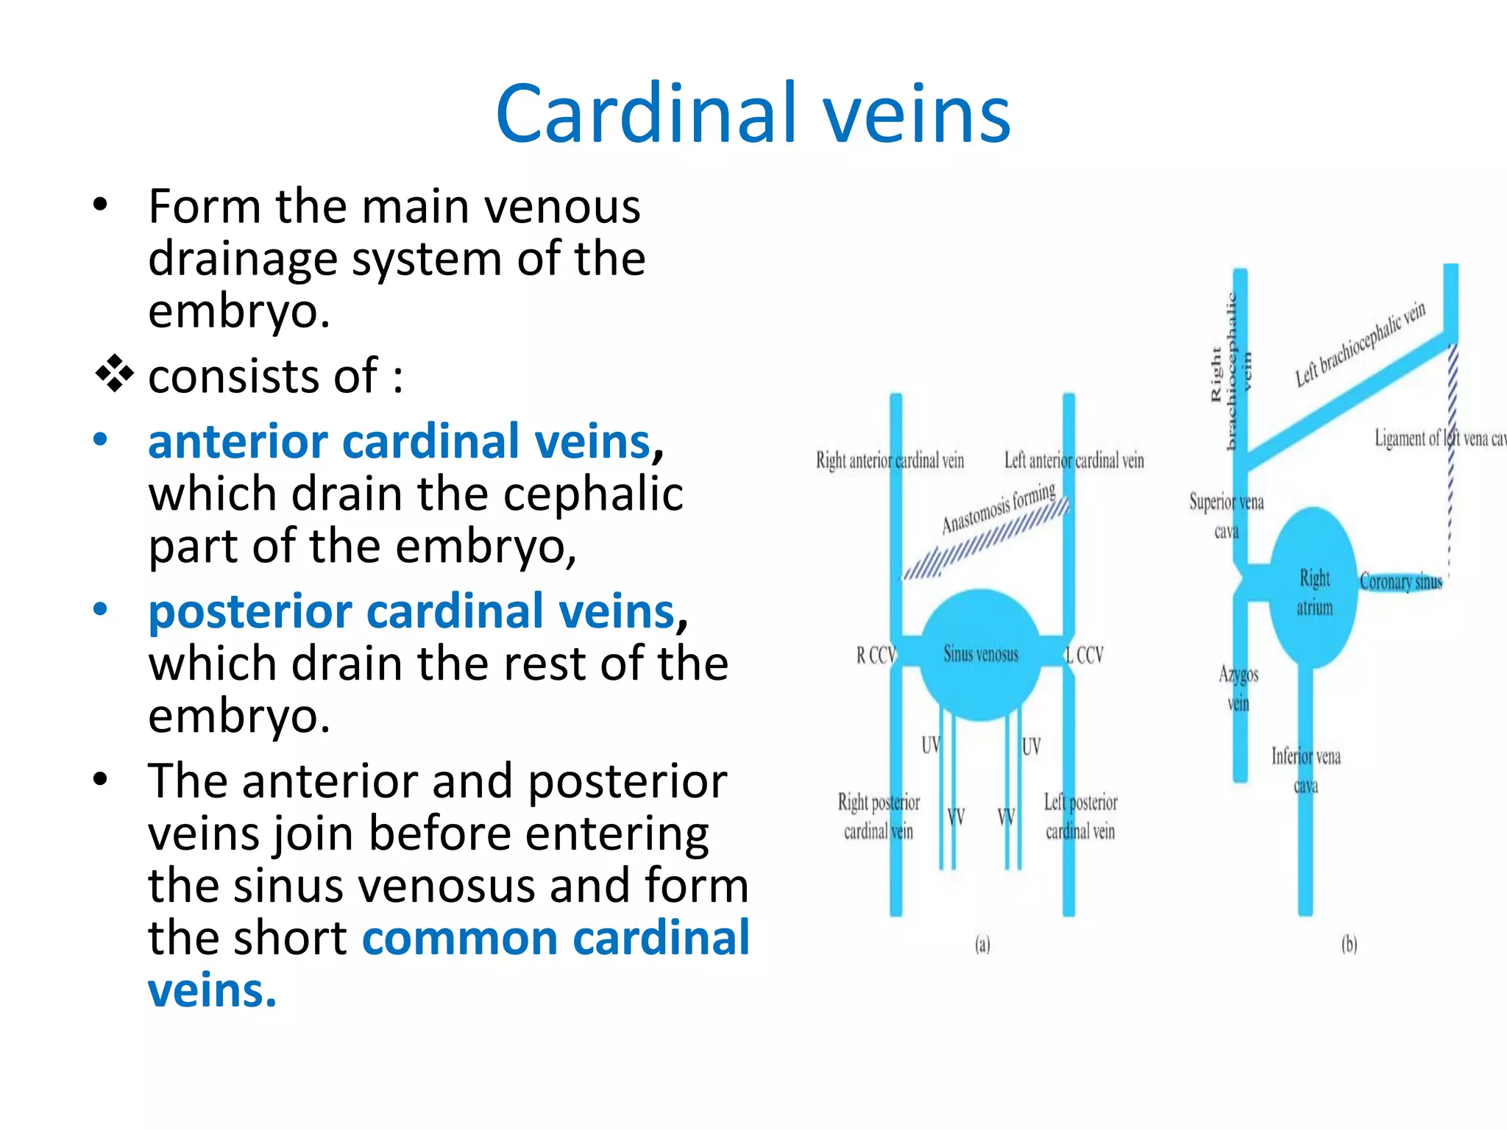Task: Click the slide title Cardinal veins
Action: (753, 114)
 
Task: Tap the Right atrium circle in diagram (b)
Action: (1314, 589)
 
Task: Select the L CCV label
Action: (1085, 655)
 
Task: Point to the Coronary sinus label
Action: (1400, 582)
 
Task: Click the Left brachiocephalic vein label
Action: (1360, 344)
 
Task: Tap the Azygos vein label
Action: (1238, 689)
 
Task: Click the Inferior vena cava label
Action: (1306, 770)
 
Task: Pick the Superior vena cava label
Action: (1226, 516)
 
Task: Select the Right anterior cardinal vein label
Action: (890, 461)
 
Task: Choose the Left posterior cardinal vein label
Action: (1080, 817)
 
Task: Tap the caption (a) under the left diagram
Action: (982, 944)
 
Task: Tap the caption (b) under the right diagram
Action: (1349, 944)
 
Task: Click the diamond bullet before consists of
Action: (115, 374)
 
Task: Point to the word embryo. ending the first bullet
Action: (238, 311)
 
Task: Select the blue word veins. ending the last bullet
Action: (212, 990)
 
